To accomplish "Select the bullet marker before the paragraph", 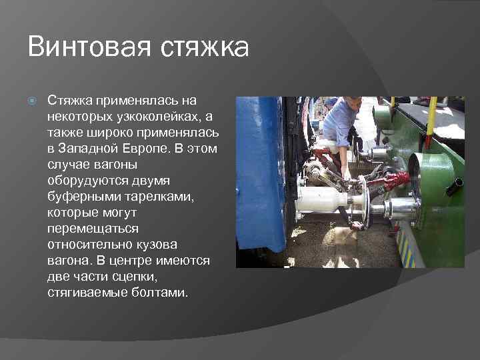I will point(31,101).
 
